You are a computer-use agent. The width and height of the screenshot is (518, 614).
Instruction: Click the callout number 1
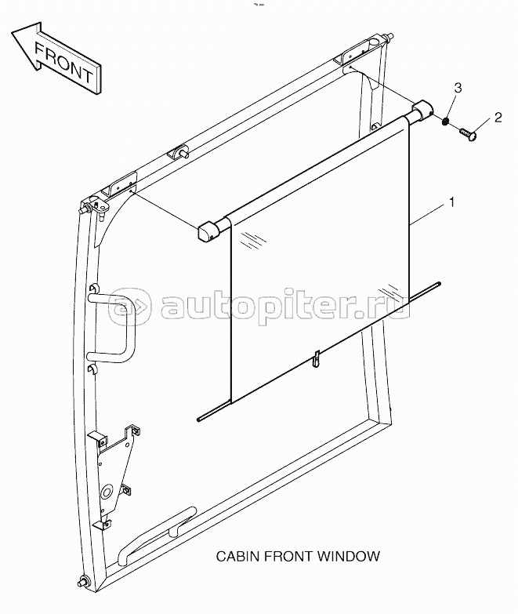point(452,202)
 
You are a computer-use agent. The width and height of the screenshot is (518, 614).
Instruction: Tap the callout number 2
point(498,118)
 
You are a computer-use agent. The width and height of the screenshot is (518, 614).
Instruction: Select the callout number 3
point(458,88)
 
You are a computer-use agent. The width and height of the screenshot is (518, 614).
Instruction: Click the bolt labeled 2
point(468,134)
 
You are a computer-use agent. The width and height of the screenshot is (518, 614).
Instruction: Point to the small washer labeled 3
point(444,122)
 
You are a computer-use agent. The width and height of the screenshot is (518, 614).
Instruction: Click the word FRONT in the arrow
point(63,63)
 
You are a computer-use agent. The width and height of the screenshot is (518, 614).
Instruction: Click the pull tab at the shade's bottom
point(316,358)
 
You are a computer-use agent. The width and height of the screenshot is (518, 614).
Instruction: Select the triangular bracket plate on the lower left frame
point(114,475)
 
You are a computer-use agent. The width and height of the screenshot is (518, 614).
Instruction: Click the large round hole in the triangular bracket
point(106,492)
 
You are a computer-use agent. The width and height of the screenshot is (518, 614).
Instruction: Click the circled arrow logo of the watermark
point(129,306)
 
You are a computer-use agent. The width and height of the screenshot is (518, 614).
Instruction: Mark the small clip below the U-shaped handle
point(92,369)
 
